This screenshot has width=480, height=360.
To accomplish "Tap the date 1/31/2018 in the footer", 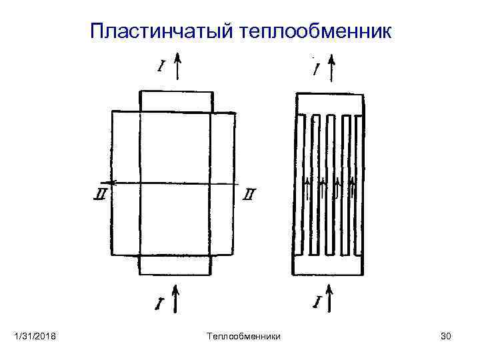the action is tap(35, 338).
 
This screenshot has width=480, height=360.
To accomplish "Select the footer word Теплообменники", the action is tap(244, 338).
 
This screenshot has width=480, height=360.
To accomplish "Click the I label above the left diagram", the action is tap(161, 66).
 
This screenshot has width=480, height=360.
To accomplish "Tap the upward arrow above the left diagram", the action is tap(178, 67).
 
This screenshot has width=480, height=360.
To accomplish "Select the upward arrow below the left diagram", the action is tap(177, 299).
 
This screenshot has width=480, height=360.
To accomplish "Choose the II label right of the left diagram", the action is tap(249, 195).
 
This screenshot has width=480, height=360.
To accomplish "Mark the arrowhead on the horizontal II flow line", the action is tap(113, 182).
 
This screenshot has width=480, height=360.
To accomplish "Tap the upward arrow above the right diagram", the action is tap(331, 69).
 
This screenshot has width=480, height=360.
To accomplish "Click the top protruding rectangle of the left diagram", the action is tap(177, 101).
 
